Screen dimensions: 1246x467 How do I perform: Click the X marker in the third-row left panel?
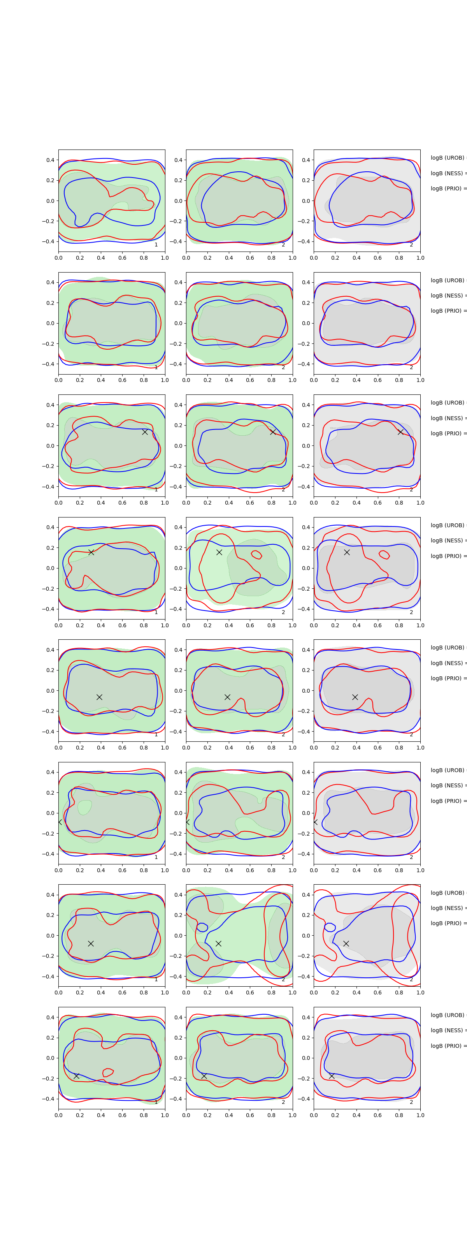(144, 432)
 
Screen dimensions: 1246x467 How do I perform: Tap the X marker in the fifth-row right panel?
(355, 697)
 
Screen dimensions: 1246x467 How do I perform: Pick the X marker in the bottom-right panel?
(332, 1076)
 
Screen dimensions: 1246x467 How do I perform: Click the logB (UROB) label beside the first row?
(448, 158)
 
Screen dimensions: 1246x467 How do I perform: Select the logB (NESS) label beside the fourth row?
(448, 540)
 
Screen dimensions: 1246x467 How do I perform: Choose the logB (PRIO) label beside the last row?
(448, 1046)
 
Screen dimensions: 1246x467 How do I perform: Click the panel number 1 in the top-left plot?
(156, 245)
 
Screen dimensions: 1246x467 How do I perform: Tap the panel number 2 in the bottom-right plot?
(411, 1102)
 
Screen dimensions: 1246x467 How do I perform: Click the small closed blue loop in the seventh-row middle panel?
(202, 927)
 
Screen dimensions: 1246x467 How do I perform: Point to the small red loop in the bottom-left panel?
(108, 1072)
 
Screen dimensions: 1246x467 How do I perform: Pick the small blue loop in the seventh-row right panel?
(330, 927)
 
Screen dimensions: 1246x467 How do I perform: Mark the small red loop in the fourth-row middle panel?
(256, 554)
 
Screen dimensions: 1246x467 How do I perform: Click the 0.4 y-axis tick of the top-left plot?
(50, 160)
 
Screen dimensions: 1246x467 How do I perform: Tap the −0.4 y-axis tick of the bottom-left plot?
(48, 1099)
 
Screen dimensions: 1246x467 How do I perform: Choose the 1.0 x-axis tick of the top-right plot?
(420, 258)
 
